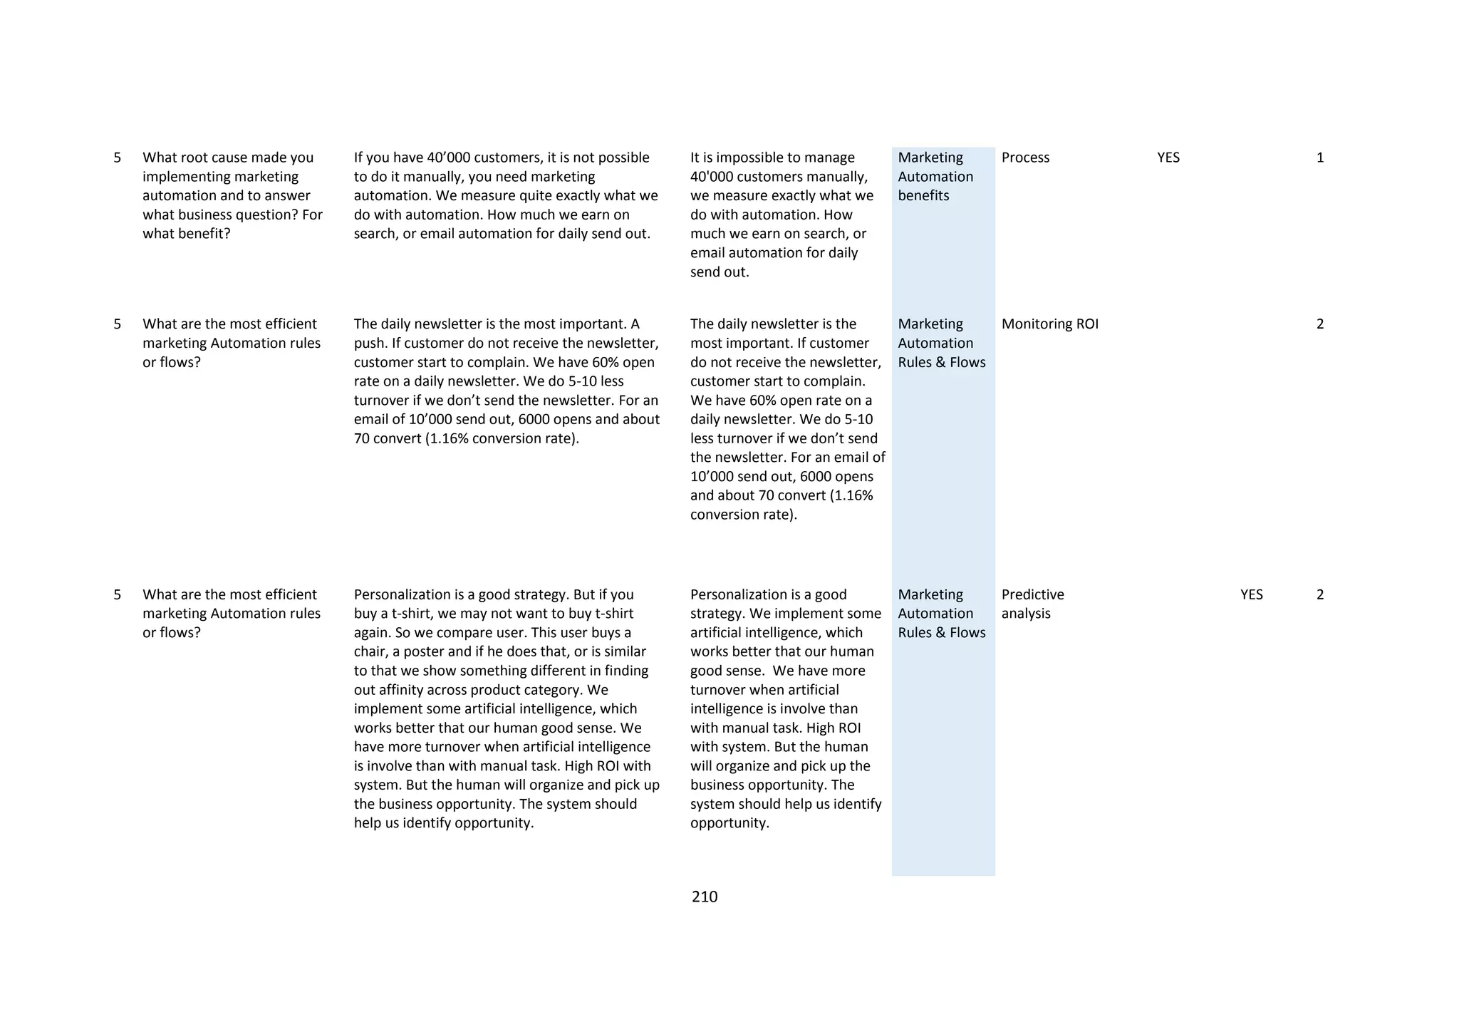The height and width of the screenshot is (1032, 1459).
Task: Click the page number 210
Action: coord(704,897)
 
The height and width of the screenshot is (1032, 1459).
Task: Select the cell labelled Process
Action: coord(1025,158)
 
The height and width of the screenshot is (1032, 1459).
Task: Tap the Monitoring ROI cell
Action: coord(1049,324)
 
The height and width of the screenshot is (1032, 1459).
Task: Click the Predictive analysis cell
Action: coord(1032,604)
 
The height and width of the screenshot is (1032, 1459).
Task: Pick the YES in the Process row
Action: coord(1168,158)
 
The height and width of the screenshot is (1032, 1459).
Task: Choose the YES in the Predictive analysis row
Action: coord(1251,594)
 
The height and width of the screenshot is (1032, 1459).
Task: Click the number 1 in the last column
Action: coord(1320,158)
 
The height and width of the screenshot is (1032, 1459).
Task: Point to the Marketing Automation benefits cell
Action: coord(935,177)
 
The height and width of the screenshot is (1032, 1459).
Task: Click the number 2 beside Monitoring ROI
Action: coord(1320,324)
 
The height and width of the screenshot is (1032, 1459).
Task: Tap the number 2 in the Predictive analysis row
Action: coord(1320,594)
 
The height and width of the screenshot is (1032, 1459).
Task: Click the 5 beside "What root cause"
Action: coord(118,158)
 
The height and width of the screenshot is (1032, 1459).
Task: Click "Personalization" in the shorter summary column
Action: coord(734,594)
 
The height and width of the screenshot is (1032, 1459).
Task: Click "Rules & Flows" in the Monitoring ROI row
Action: coord(941,362)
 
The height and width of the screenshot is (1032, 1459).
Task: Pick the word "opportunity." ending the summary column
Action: coord(729,823)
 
